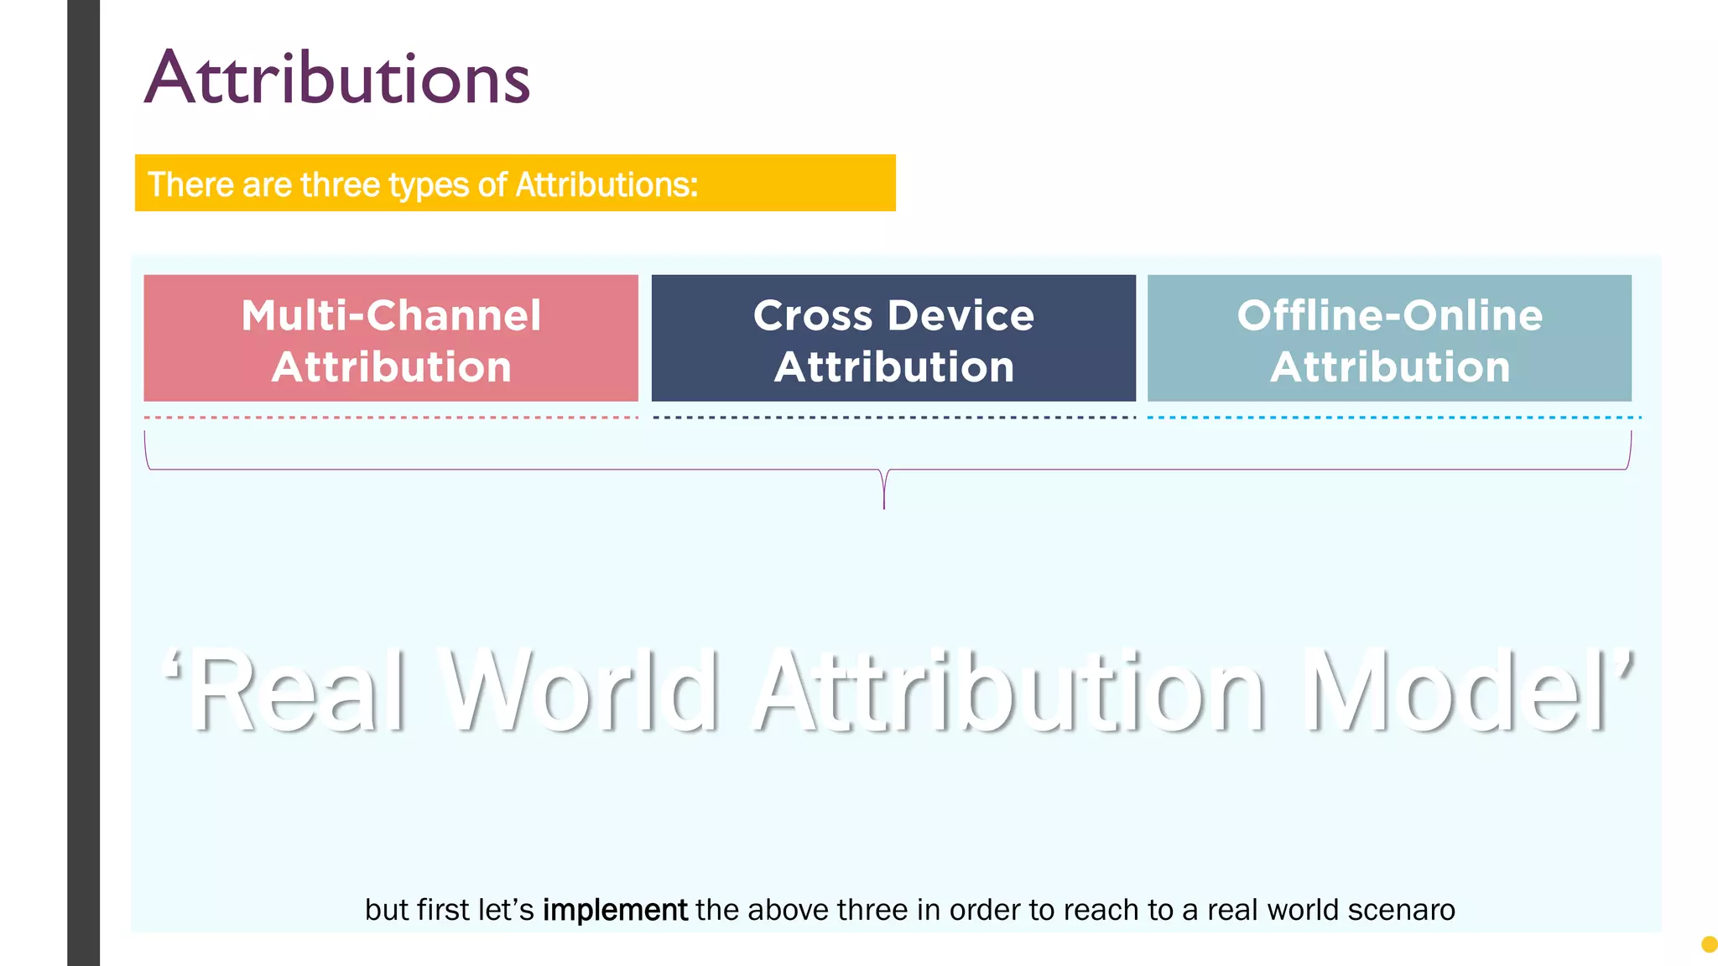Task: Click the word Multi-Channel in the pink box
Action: pyautogui.click(x=391, y=315)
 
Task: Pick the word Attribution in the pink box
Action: pyautogui.click(x=391, y=367)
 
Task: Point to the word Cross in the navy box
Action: pyautogui.click(x=813, y=315)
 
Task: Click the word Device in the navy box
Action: pyautogui.click(x=961, y=315)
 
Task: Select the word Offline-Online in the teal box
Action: pyautogui.click(x=1389, y=315)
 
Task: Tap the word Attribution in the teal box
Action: pyautogui.click(x=1389, y=367)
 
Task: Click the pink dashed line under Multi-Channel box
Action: pyautogui.click(x=391, y=417)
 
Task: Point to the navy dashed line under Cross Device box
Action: pyautogui.click(x=893, y=417)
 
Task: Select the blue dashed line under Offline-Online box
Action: pyautogui.click(x=1393, y=417)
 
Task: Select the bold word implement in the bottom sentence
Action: pyautogui.click(x=615, y=910)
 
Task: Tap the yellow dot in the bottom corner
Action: pyautogui.click(x=1709, y=945)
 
